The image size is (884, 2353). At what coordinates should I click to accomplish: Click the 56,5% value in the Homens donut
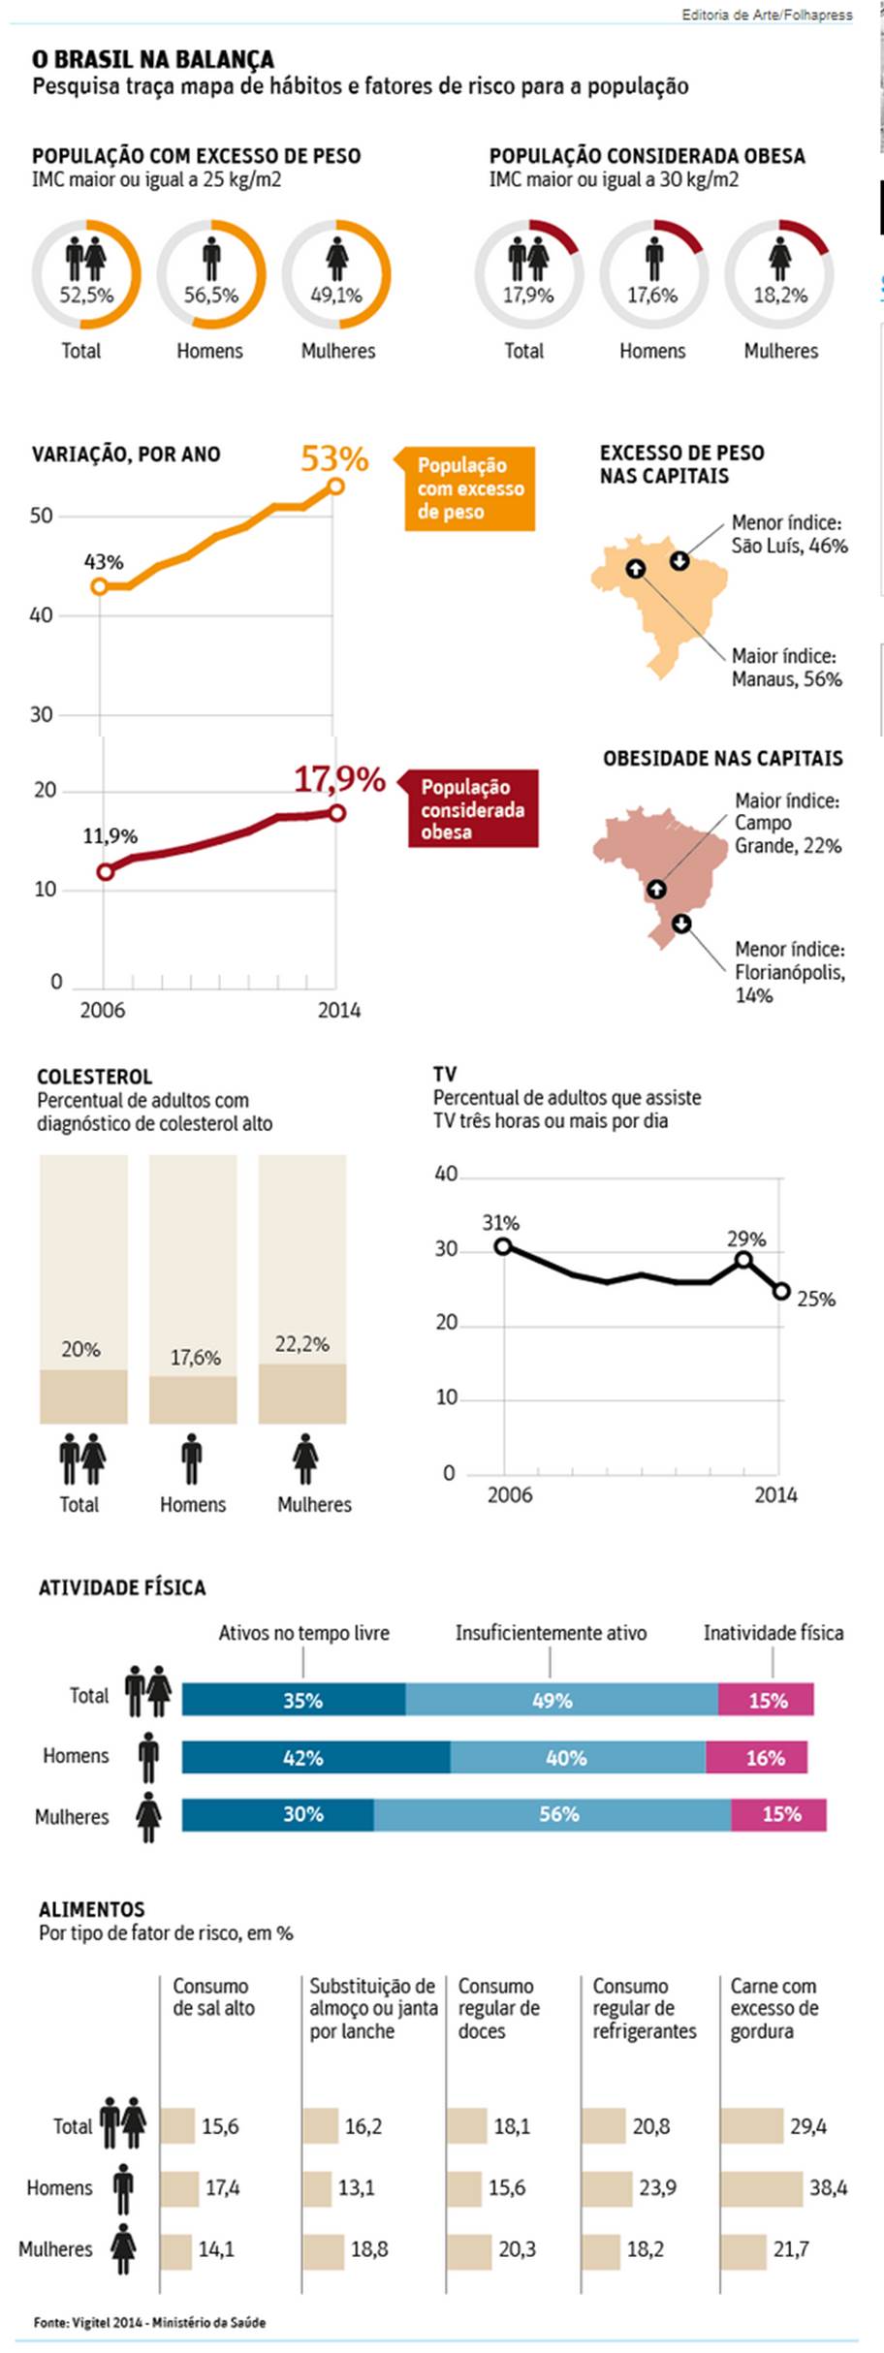coord(211,295)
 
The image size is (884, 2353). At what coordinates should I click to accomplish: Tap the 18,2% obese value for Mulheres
coord(780,295)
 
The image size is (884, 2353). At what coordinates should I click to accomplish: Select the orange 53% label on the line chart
coord(334,458)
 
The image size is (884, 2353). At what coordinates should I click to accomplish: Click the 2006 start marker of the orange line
coord(99,586)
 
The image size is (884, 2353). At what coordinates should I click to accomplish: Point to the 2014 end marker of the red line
coord(336,813)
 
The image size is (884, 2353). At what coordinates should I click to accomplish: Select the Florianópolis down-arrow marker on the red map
coord(681,924)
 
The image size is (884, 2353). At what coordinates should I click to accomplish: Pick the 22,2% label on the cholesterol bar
coord(301,1344)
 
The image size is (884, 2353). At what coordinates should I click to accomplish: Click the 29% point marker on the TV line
coord(743,1260)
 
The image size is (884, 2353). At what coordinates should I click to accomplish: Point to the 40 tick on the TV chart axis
coord(446,1175)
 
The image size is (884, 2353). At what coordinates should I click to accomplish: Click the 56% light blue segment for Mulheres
coord(552,1814)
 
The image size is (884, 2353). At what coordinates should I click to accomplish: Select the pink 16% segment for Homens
coord(756,1757)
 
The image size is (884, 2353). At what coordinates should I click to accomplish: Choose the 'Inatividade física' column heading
coord(773,1633)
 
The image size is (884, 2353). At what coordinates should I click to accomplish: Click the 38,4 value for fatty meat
coord(829,2187)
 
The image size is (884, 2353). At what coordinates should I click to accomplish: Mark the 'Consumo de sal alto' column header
coord(213,1997)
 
